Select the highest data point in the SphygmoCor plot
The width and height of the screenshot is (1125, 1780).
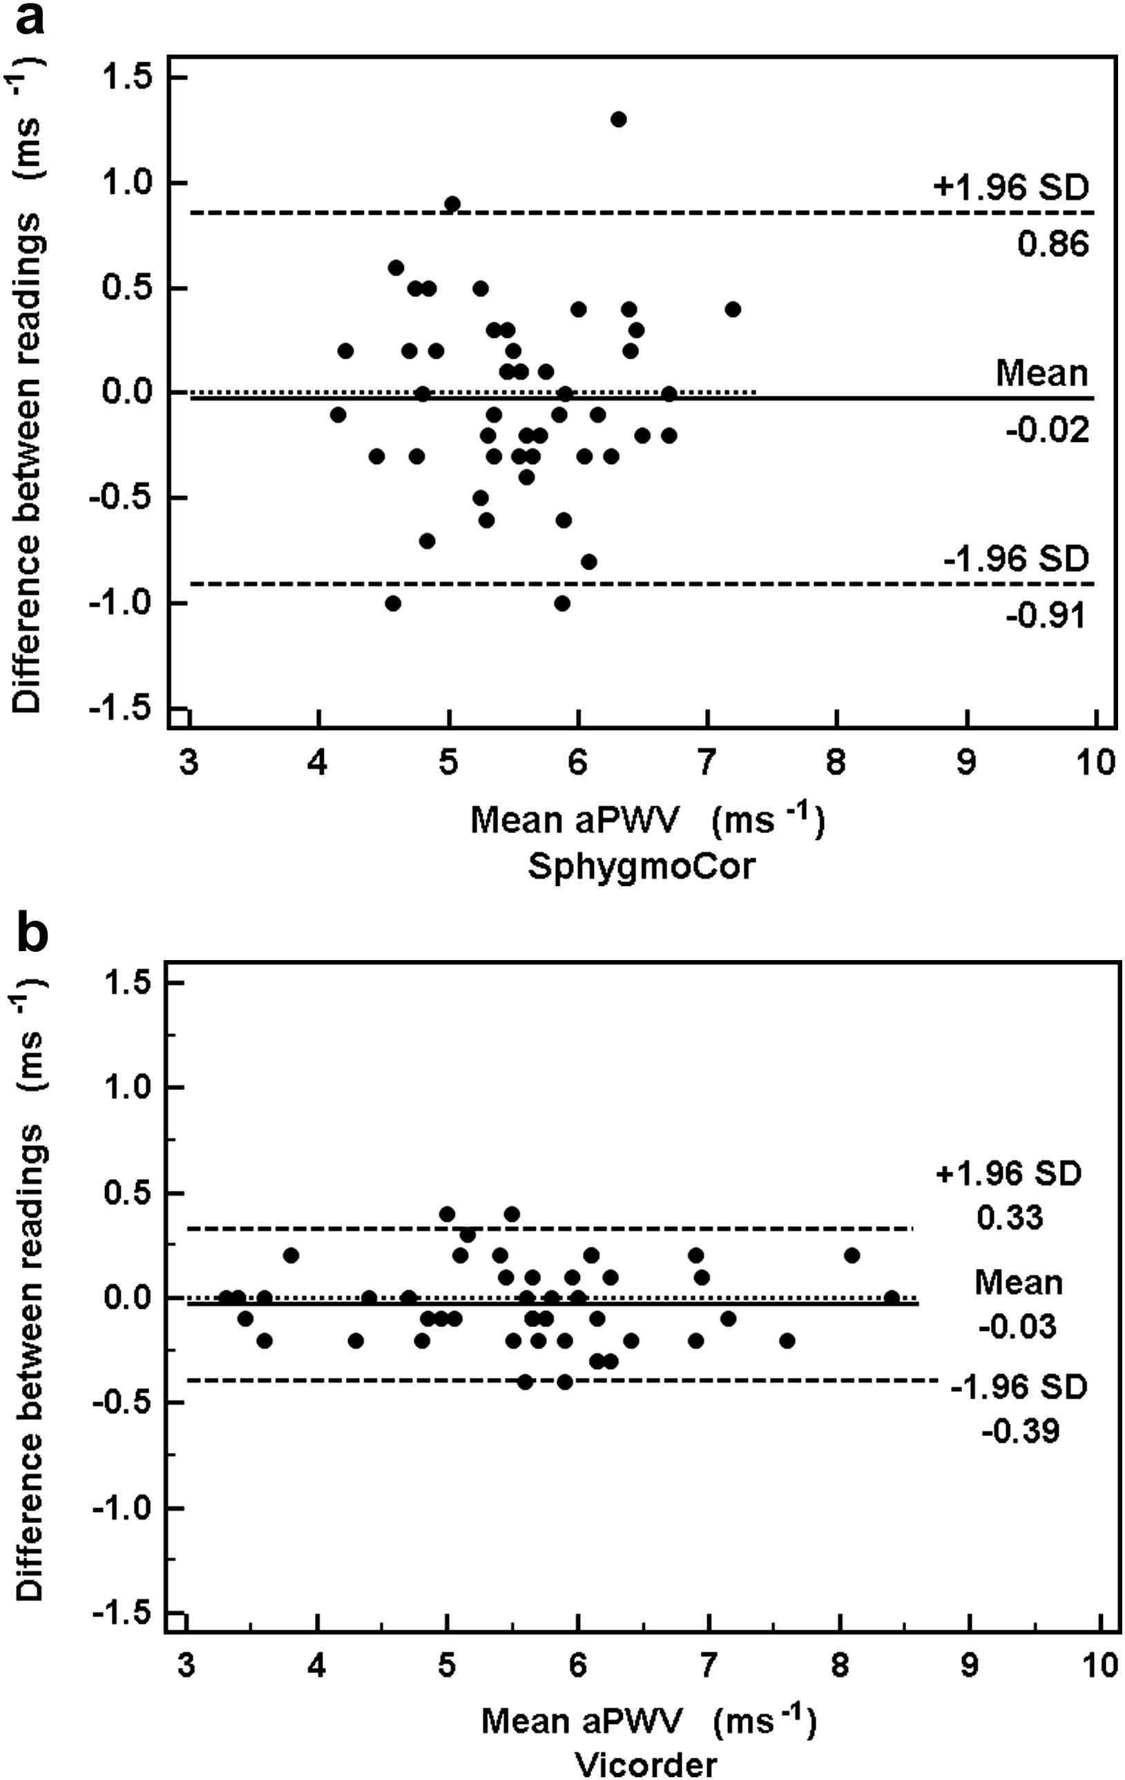point(619,119)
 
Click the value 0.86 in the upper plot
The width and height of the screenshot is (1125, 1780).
point(1052,244)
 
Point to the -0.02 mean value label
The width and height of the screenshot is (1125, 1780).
point(1048,430)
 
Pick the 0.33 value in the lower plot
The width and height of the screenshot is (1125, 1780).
point(1010,1218)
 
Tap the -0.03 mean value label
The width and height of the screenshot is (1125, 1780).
point(1017,1327)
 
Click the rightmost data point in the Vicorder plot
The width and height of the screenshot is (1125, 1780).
point(892,1298)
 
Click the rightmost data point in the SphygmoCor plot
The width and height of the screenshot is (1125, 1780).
point(733,309)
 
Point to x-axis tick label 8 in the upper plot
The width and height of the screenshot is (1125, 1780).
point(836,762)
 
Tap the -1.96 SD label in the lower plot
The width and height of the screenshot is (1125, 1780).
point(1019,1388)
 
